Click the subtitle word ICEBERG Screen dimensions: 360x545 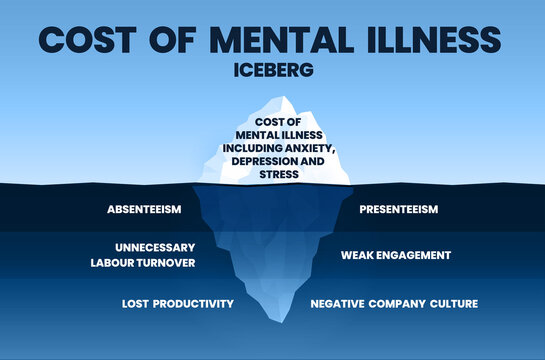(x=273, y=72)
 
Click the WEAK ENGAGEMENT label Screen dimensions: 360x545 (x=396, y=255)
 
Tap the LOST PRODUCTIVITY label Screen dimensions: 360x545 (x=178, y=303)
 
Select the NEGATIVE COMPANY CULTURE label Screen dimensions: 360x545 (x=394, y=303)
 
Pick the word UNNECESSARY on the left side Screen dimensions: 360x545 (x=155, y=247)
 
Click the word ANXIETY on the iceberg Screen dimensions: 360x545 (x=310, y=149)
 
